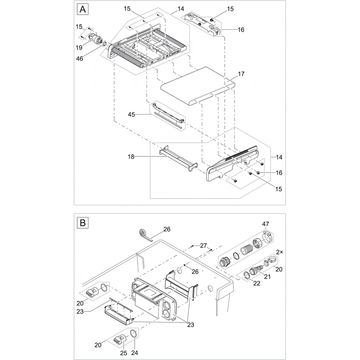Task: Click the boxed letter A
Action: pos(82,9)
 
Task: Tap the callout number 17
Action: pos(242,75)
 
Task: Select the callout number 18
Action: pos(131,156)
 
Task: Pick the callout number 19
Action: pos(79,47)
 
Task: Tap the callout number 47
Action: pos(265,224)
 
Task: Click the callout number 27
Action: pos(204,246)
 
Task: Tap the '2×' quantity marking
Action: pos(280,252)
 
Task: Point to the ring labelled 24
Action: pos(133,335)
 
